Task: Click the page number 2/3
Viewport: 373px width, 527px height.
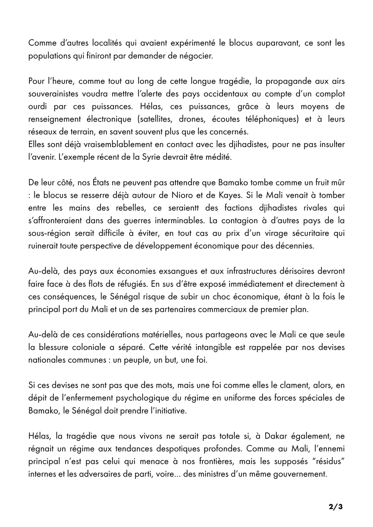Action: coord(336,507)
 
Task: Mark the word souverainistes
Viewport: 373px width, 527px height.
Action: coord(55,94)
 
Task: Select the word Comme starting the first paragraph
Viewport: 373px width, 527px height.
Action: coord(41,43)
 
